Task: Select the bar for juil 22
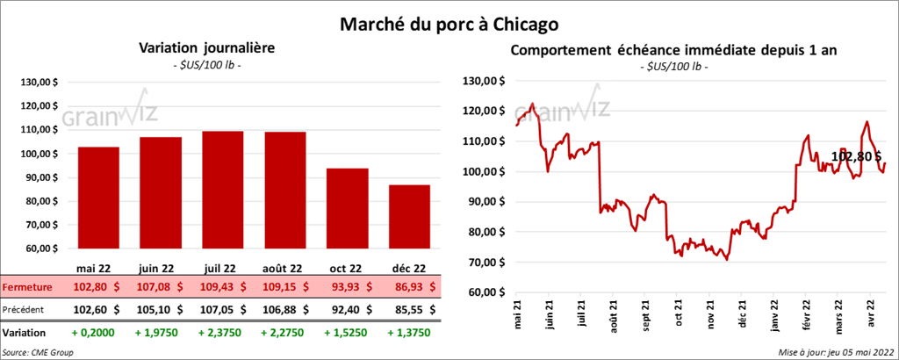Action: coord(222,193)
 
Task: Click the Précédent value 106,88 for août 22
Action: coord(285,309)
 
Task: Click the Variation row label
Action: coord(25,334)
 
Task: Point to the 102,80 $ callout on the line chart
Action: coord(856,156)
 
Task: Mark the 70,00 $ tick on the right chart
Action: coord(487,262)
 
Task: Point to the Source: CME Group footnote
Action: coord(38,351)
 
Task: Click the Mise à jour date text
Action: coord(836,351)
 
